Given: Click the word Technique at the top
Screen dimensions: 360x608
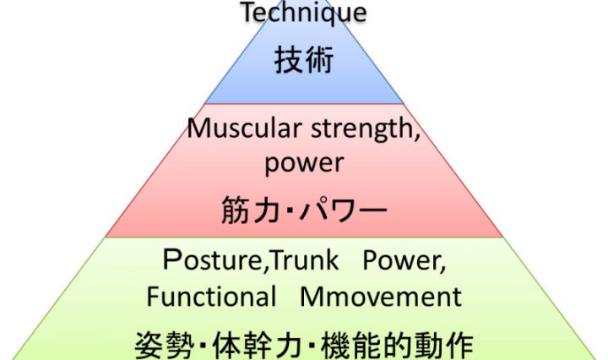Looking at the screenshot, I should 304,14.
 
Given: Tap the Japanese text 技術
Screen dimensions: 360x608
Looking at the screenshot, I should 304,61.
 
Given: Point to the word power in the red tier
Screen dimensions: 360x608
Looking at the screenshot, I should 305,163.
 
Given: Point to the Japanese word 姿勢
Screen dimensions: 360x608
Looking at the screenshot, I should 158,341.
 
